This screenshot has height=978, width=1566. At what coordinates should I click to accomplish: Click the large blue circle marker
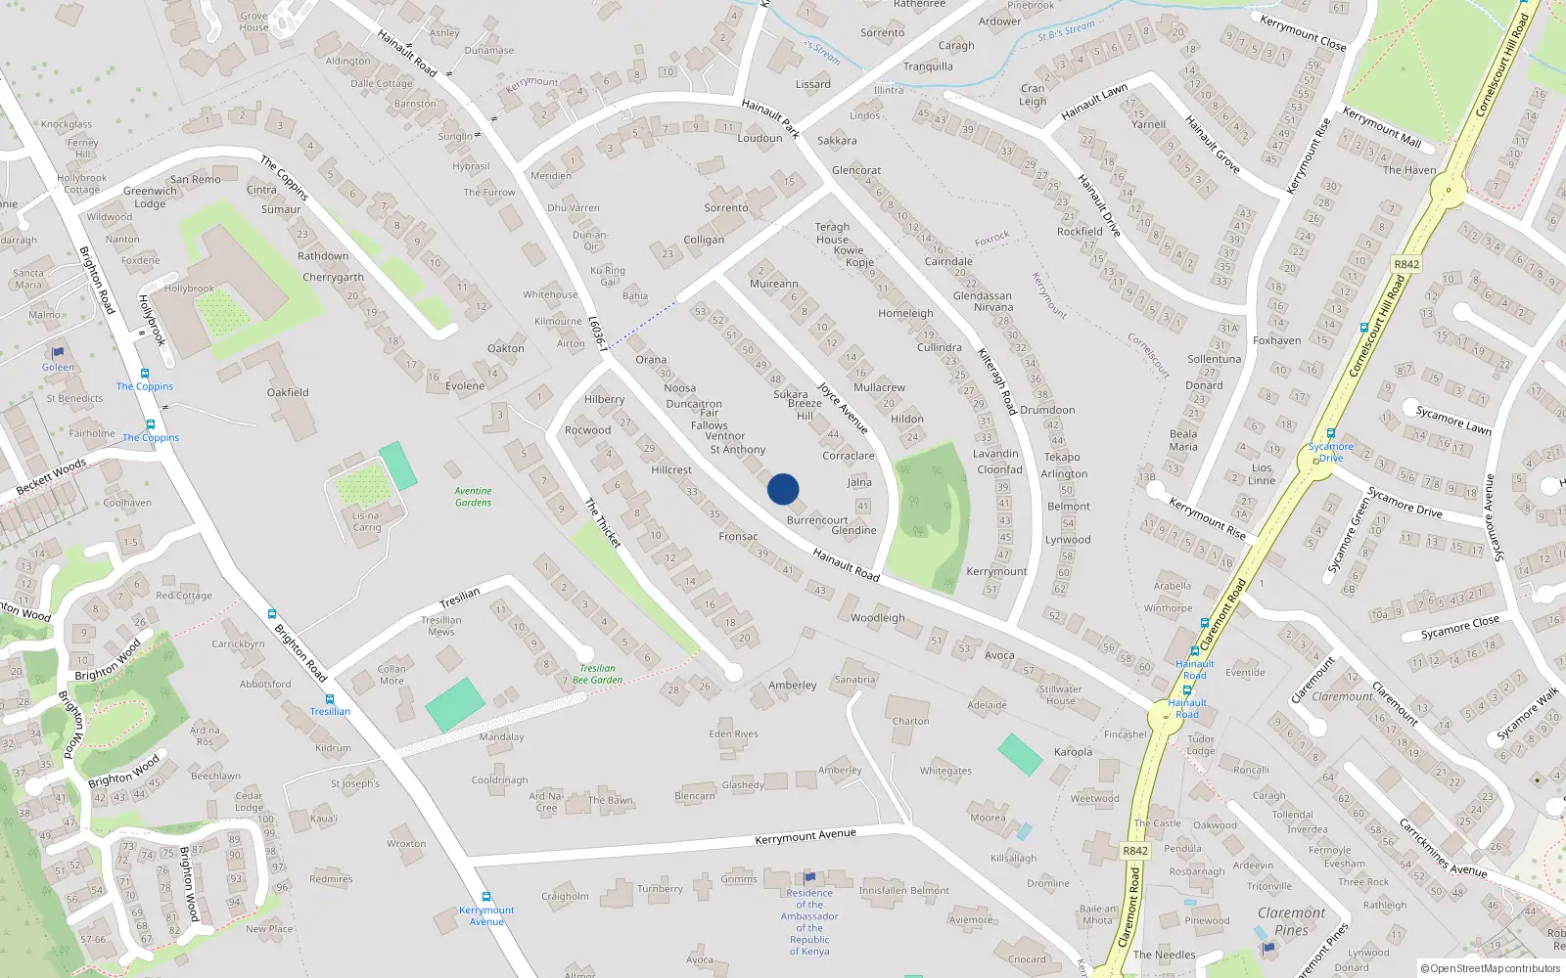tap(783, 489)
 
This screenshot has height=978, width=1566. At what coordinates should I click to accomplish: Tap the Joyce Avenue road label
tap(843, 407)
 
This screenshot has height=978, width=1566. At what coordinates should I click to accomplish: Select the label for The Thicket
tap(603, 522)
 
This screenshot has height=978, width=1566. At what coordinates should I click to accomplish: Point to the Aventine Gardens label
tap(474, 497)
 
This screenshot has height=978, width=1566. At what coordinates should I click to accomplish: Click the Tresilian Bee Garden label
tap(597, 674)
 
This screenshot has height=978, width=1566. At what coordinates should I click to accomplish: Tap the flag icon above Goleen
tap(58, 352)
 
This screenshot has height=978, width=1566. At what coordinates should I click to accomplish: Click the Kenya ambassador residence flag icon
tap(809, 877)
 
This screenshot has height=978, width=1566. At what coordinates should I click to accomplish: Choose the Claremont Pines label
tap(1292, 921)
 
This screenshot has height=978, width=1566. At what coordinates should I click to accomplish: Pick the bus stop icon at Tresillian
tap(330, 699)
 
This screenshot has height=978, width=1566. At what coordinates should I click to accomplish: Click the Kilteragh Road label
tap(997, 380)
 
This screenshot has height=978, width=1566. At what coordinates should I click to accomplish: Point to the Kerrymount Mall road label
tap(1381, 128)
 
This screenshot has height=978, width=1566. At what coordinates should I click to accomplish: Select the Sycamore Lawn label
tap(1453, 420)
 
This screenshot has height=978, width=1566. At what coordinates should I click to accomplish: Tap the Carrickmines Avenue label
tap(1443, 847)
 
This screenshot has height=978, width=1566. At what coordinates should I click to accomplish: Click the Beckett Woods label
tap(51, 476)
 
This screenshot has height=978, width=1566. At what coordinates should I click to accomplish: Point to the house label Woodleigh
tap(877, 618)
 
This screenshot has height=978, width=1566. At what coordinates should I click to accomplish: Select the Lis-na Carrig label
tap(367, 521)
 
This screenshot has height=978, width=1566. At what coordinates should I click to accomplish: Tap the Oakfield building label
tap(288, 392)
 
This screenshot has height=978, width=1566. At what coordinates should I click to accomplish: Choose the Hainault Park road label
tap(771, 117)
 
